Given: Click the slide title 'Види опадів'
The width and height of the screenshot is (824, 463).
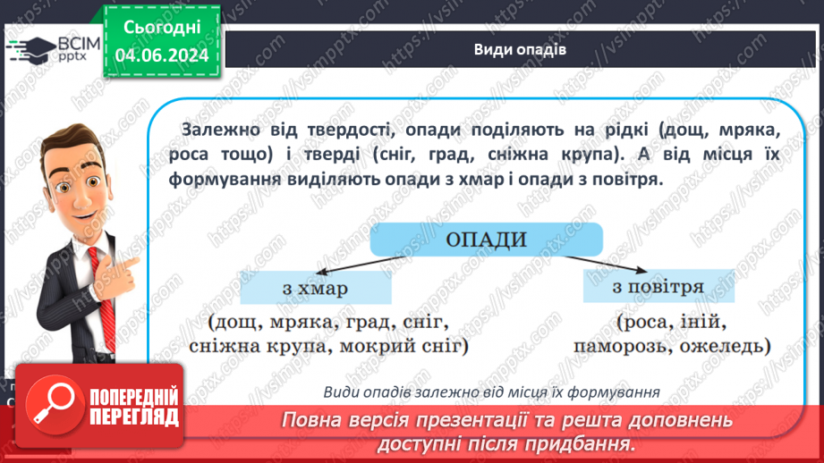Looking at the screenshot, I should (520, 48).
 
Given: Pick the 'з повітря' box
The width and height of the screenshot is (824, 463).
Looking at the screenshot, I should (658, 287).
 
